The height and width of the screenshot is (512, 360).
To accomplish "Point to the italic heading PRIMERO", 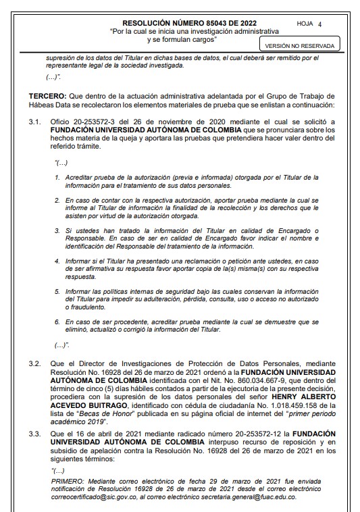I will (70, 478).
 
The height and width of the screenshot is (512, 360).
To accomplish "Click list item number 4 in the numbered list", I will (57, 260).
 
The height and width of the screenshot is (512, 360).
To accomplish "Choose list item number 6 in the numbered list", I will (57, 322).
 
